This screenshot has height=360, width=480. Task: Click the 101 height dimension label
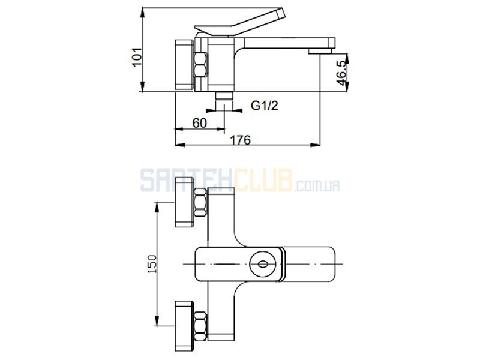pos(137,56)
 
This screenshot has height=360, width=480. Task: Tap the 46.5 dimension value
pos(341,73)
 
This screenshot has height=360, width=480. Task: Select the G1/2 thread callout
pos(265,106)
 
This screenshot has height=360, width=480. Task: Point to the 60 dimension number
pos(200,123)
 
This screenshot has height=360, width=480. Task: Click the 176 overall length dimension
pos(241,140)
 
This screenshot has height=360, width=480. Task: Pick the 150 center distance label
pos(152,264)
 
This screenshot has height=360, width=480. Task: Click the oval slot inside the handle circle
pos(263,264)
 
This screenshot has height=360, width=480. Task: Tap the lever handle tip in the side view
pos(281,13)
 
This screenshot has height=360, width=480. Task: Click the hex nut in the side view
pos(200,65)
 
